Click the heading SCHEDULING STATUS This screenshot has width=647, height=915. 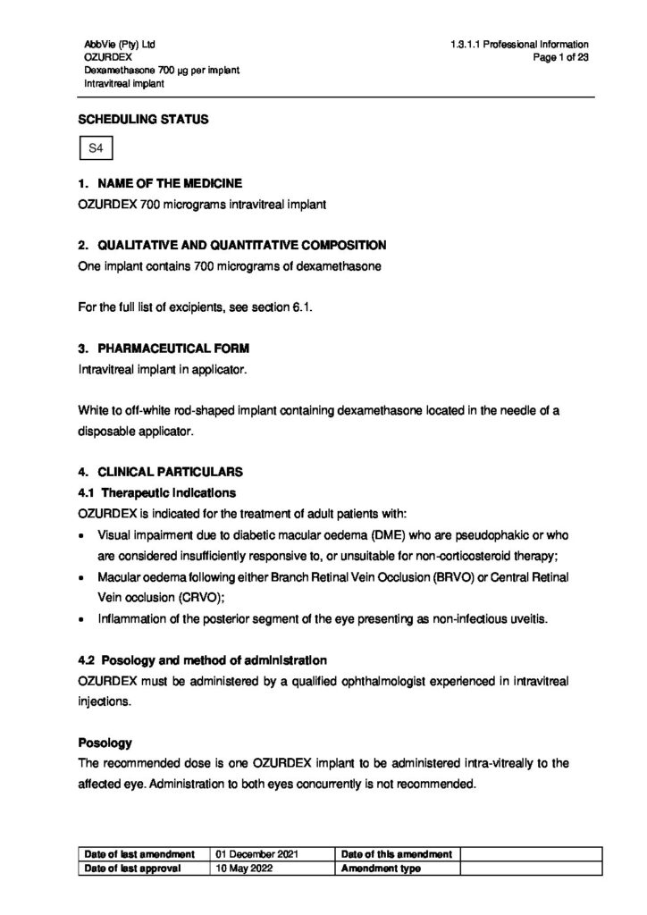point(144,119)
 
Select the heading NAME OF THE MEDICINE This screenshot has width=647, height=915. point(167,183)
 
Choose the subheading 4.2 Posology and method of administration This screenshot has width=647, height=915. point(201,660)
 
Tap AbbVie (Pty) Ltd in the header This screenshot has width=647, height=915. point(118,43)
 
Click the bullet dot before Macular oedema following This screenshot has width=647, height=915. point(82,576)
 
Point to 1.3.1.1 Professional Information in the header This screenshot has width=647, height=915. point(519,43)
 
